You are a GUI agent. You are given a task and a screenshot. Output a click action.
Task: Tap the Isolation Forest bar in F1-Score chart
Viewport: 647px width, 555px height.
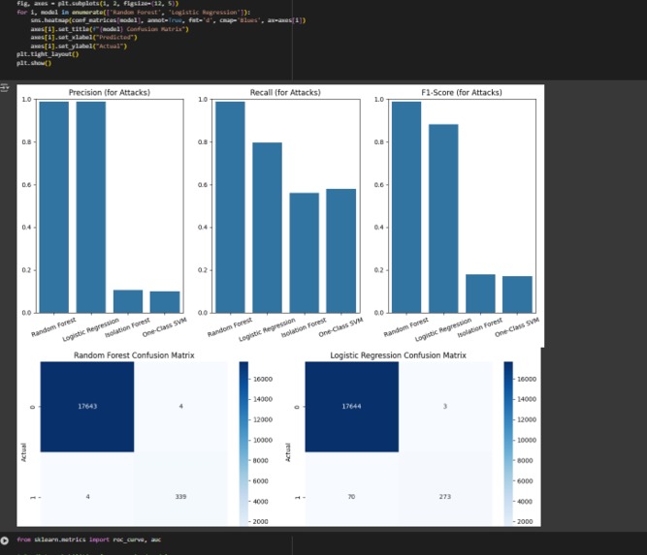480,293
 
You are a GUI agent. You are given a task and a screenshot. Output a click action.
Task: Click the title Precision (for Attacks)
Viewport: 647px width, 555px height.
109,93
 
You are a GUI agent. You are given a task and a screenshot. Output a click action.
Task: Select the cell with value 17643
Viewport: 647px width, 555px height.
87,407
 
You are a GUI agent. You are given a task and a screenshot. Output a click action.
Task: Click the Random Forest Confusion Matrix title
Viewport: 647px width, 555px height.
135,355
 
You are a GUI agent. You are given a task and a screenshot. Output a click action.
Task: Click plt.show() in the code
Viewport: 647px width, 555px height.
33,63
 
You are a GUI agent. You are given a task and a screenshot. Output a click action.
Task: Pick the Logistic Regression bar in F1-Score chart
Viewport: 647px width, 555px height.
443,218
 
